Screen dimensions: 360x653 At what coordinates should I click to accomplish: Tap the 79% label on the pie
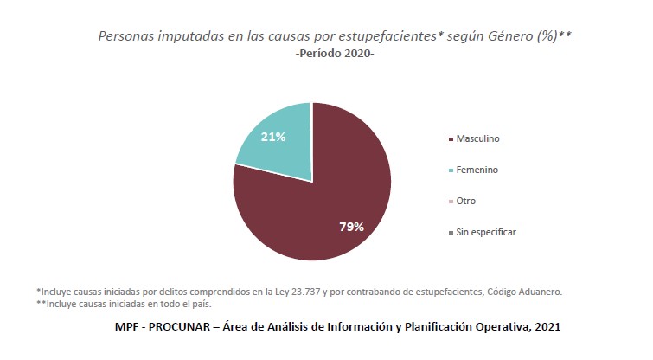pos(351,227)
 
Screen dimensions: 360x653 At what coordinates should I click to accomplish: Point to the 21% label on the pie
pos(273,137)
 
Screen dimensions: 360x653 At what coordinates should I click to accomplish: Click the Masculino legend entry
pos(477,138)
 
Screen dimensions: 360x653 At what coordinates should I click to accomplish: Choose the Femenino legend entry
pos(477,170)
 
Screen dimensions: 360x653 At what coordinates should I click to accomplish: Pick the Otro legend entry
pos(465,201)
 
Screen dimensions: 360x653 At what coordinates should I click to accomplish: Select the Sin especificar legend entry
pos(485,232)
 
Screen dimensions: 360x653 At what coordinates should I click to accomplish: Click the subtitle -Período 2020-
pos(334,55)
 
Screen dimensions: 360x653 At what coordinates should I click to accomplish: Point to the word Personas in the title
pos(127,36)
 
